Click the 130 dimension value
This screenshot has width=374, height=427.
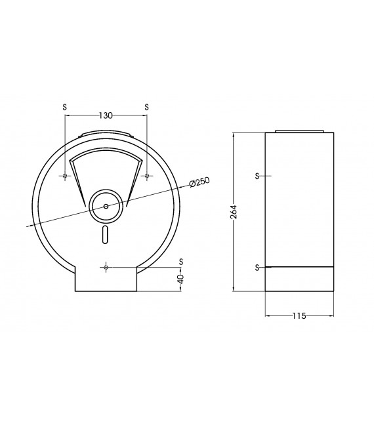click(106, 115)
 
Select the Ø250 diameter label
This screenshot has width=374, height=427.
click(199, 182)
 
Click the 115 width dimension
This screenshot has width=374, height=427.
click(299, 316)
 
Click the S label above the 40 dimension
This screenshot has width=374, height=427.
click(181, 261)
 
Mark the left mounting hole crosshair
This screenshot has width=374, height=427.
click(64, 176)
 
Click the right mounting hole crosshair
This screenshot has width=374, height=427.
click(146, 176)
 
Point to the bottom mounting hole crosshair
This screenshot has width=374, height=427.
click(106, 267)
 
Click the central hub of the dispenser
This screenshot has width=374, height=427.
click(106, 205)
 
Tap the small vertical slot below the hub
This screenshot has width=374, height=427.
click(106, 234)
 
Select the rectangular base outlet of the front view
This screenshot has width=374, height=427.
click(106, 281)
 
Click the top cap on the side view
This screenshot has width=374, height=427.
click(299, 131)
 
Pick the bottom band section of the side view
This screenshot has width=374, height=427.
click(299, 279)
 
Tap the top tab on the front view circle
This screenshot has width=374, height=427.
click(106, 136)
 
